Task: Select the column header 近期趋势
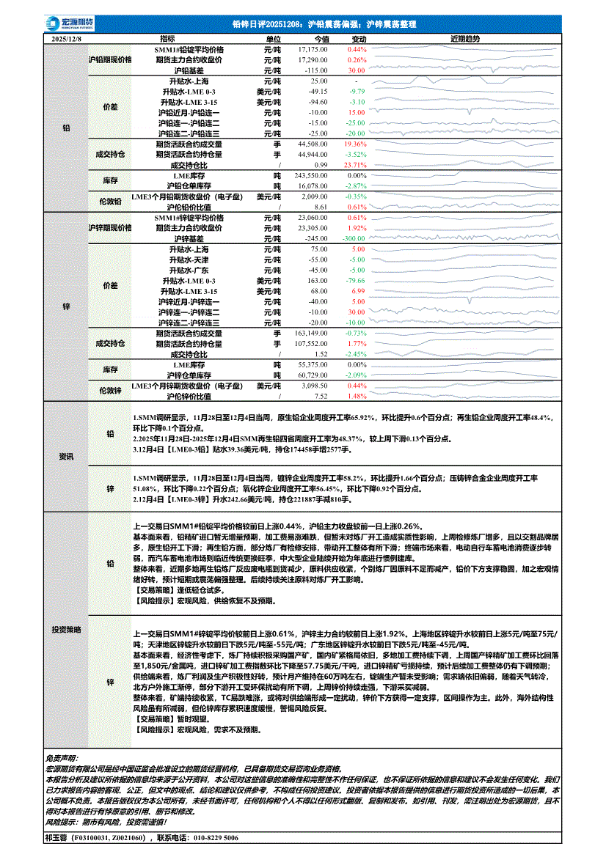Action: coord(465,39)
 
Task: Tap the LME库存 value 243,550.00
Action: coord(310,177)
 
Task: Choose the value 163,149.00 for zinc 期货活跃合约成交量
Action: coord(310,333)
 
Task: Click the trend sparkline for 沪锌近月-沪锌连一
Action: coord(465,301)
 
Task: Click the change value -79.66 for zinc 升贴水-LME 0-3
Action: coord(354,281)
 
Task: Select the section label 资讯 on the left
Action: coord(66,457)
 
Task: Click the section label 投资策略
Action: coord(66,630)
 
